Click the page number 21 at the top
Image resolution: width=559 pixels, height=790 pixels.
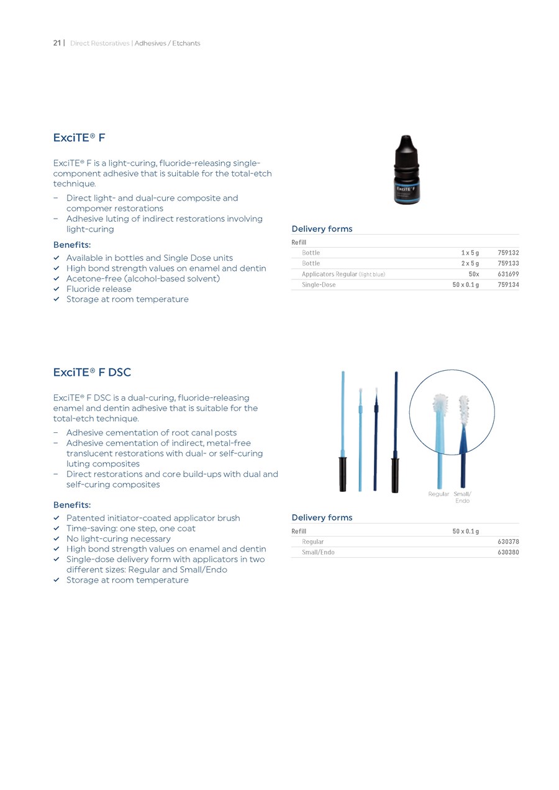(x=57, y=43)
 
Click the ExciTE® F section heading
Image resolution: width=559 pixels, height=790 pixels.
(x=79, y=137)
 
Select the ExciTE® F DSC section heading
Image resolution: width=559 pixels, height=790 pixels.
(x=92, y=372)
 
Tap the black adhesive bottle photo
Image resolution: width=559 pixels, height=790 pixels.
(x=407, y=171)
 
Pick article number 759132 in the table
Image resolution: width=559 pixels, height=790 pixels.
(x=508, y=253)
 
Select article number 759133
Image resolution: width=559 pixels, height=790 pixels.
(x=508, y=263)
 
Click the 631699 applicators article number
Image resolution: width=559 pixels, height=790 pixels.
(x=508, y=274)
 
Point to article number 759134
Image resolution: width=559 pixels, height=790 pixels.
(x=508, y=284)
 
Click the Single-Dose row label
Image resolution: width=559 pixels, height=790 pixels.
(x=319, y=284)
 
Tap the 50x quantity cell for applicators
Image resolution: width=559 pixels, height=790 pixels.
(x=473, y=274)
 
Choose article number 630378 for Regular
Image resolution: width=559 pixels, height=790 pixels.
(x=508, y=542)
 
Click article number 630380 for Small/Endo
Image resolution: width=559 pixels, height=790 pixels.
(x=508, y=552)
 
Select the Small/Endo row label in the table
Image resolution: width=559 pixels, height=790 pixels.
(x=318, y=552)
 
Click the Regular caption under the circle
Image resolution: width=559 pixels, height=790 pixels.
(x=439, y=494)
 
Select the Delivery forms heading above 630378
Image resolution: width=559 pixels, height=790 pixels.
(x=322, y=517)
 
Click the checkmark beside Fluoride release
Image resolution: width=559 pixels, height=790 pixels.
(x=57, y=289)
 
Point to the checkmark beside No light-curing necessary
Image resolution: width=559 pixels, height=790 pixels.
(x=57, y=538)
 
